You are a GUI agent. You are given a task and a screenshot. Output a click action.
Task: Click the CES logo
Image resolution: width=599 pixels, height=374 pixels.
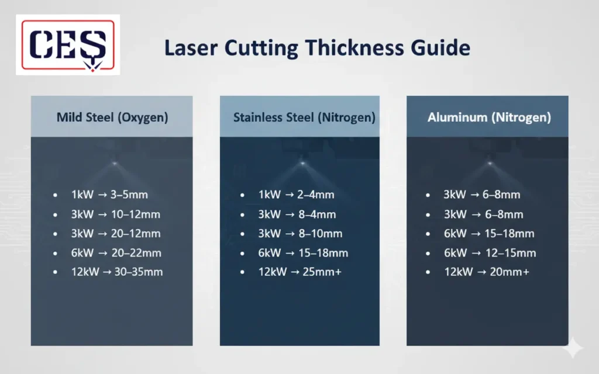coord(68,45)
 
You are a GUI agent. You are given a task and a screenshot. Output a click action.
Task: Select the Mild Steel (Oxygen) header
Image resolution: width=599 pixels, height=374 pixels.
coord(112,117)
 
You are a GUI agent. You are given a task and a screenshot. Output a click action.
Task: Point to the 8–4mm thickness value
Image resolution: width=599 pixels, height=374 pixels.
coord(317,214)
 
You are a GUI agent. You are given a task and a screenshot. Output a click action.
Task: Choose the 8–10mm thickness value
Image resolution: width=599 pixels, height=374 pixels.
coord(320,234)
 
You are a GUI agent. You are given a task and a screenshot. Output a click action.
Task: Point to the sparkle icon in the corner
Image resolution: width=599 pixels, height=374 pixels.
coord(573,349)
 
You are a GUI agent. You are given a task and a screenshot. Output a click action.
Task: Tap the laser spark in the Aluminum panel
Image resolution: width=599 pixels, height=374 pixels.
coord(489,163)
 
